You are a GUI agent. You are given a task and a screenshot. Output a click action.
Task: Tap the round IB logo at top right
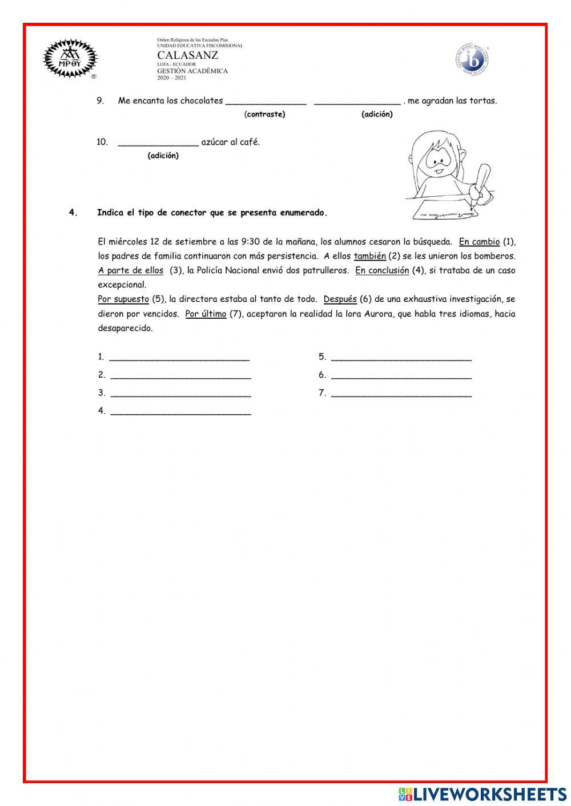click(x=472, y=59)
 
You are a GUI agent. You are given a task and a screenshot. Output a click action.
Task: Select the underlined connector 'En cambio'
click(x=479, y=242)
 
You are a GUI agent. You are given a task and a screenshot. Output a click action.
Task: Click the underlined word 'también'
click(x=369, y=256)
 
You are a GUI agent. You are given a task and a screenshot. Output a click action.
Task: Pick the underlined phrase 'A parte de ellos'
click(x=131, y=270)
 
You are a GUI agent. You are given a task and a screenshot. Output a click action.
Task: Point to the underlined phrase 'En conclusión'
click(x=382, y=270)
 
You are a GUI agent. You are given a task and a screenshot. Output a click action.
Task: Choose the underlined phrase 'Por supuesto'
click(x=123, y=299)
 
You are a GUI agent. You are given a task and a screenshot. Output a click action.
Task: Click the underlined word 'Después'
click(x=340, y=299)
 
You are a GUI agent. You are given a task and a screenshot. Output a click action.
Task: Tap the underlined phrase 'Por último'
click(x=206, y=314)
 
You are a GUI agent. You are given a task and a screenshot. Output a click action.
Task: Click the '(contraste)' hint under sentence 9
click(x=264, y=114)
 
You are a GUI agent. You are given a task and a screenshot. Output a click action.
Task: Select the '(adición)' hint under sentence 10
click(x=163, y=156)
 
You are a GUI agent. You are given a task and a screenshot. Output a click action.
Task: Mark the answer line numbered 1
click(x=179, y=358)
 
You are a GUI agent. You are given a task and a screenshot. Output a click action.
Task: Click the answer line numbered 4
click(x=180, y=411)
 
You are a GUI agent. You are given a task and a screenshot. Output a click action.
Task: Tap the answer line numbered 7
click(x=401, y=394)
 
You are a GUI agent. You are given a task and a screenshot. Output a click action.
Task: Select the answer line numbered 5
click(x=401, y=358)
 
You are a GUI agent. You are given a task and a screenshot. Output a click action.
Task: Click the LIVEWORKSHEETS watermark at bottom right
click(x=482, y=793)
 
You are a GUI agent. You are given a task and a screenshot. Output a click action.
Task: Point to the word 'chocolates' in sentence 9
click(x=202, y=101)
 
